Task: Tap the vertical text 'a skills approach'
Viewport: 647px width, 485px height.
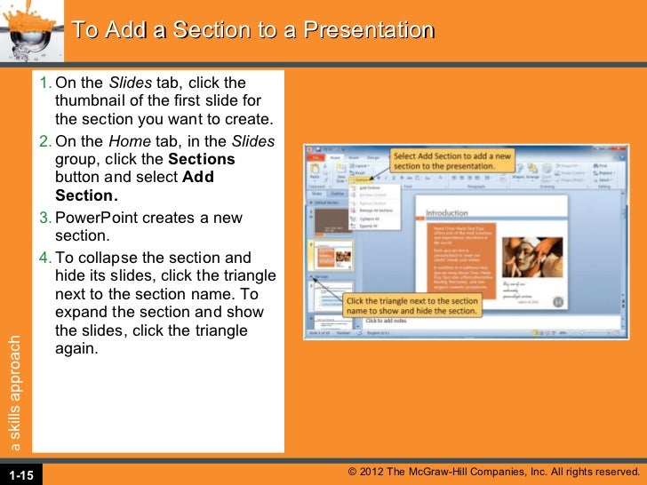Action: [x=14, y=391]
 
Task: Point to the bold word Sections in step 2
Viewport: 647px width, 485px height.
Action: [x=202, y=159]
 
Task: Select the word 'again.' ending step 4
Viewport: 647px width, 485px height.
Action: [x=76, y=349]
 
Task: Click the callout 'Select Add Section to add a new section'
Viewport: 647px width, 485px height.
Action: [x=452, y=161]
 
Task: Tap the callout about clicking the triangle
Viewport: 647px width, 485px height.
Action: [x=412, y=306]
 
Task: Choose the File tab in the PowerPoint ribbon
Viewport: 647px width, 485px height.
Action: [x=316, y=156]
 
